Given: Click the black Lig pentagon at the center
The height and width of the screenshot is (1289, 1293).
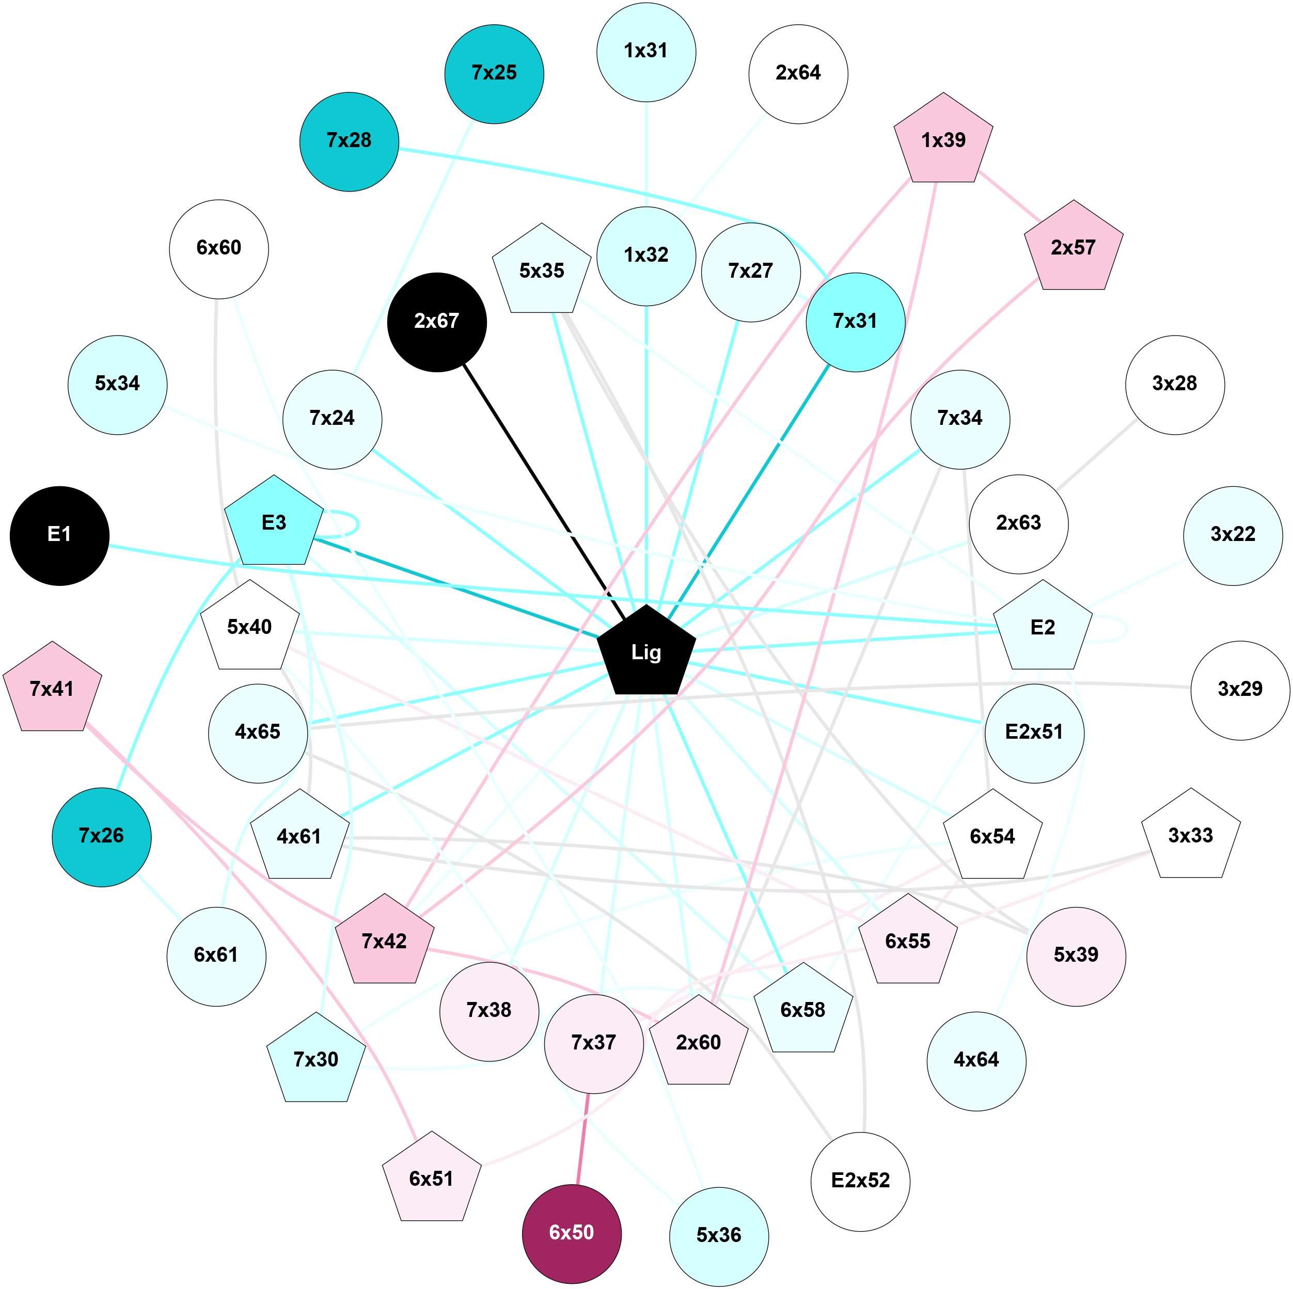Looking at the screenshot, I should [646, 652].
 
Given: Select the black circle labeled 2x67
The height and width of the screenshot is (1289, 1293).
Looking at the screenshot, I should [436, 322].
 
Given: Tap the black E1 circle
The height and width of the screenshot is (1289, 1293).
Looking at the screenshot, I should [59, 535].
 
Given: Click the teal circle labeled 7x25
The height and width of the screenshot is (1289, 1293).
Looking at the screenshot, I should [494, 74].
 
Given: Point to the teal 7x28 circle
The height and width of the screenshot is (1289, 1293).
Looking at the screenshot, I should [349, 141].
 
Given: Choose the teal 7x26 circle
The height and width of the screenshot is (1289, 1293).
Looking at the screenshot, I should [102, 837].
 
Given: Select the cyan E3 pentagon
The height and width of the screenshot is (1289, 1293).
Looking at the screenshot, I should [274, 523].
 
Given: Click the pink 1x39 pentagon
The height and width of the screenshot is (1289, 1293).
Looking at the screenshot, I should [943, 140].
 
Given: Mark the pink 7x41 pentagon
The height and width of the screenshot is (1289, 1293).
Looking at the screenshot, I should [52, 689].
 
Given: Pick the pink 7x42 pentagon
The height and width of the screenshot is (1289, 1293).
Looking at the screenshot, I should [384, 941].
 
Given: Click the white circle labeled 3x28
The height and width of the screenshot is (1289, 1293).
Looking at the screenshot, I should [1175, 385].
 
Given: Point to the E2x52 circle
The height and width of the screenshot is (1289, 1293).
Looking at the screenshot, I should [860, 1181].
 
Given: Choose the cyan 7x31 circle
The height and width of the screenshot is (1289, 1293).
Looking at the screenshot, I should [855, 322].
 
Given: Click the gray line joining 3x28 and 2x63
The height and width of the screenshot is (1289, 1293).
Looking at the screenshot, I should [1097, 454].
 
